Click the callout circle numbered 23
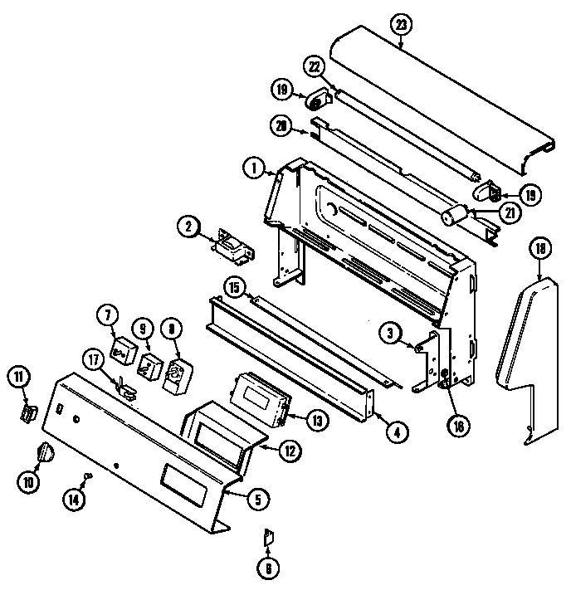click(401, 24)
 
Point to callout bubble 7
click(108, 315)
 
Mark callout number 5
click(257, 499)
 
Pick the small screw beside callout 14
click(88, 475)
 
